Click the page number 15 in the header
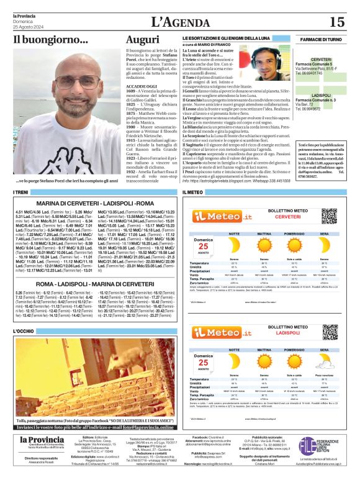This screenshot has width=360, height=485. click(x=336, y=22)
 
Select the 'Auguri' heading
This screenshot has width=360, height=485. click(x=142, y=40)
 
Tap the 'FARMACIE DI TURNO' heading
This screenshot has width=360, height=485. click(x=321, y=39)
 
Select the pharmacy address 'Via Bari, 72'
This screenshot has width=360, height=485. click(x=305, y=104)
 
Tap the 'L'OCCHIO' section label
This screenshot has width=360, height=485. click(x=24, y=332)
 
